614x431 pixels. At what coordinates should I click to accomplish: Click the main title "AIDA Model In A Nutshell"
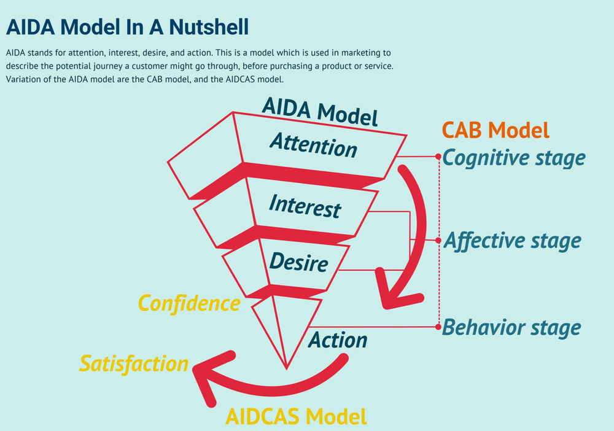[127, 27]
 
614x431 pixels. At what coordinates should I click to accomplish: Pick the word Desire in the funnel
[298, 262]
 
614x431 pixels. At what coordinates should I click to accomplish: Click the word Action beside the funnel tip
[337, 340]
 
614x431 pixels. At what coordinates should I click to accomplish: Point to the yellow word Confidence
[188, 303]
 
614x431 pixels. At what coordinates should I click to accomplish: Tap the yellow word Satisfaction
[133, 363]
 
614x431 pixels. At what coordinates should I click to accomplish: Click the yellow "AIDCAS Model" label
[296, 416]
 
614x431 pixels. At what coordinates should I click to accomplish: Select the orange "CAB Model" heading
[495, 130]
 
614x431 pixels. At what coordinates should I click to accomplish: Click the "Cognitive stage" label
[514, 158]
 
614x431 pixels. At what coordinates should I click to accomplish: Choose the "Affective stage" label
[511, 240]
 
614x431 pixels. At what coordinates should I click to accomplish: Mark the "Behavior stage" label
[511, 327]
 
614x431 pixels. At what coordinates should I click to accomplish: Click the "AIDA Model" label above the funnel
[319, 112]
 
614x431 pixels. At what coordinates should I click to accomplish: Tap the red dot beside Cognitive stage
[438, 157]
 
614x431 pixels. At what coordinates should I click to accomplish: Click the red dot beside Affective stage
[438, 240]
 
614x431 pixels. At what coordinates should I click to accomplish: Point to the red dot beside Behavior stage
[438, 327]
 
